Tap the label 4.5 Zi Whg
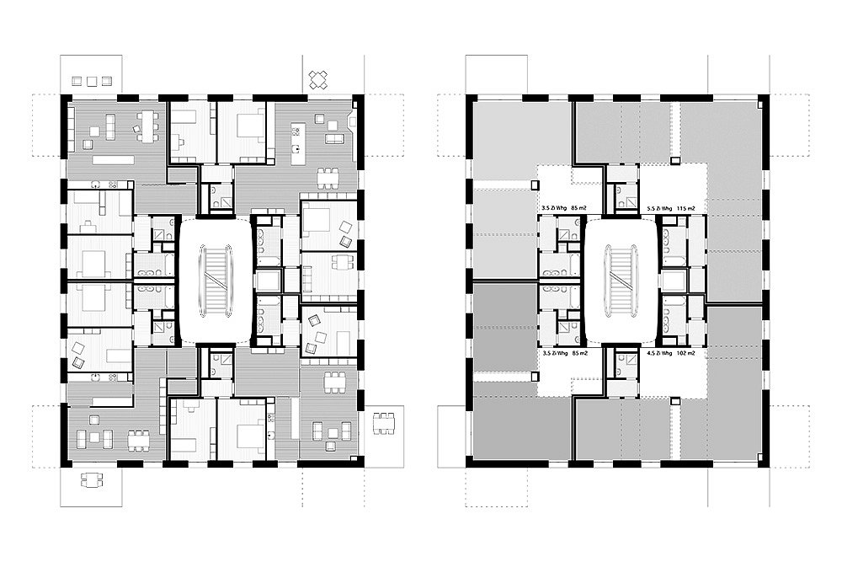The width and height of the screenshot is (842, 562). pos(656,355)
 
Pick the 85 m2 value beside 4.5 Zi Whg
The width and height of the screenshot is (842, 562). pos(579,355)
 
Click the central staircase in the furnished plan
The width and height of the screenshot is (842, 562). pos(215,281)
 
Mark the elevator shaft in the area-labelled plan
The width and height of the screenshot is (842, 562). pos(673,281)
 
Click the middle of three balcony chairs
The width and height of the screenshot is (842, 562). pos(92,81)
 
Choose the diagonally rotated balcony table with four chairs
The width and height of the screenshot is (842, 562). pos(319,80)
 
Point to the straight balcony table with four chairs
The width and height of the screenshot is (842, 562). pos(91,481)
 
